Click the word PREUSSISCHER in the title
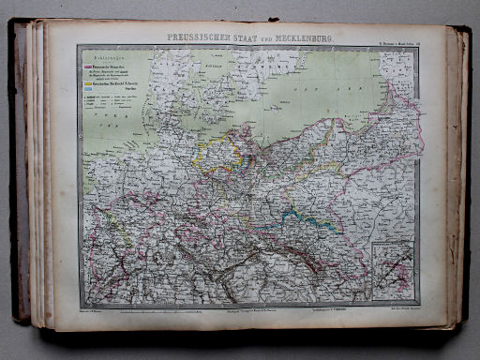coord(199,39)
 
